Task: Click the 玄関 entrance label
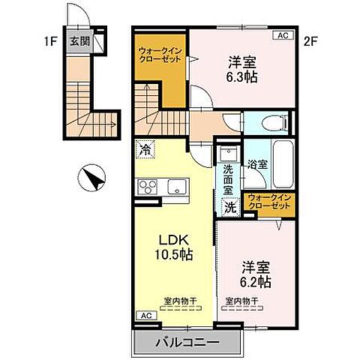pos(79,42)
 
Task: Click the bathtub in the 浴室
pos(283,165)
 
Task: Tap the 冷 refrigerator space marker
pos(145,148)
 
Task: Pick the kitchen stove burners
pos(147,187)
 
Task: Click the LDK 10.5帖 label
pos(175,247)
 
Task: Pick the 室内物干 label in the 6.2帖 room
pos(241,301)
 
